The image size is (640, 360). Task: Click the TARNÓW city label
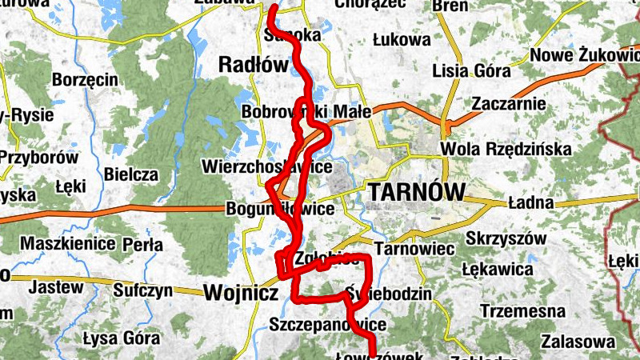click(x=417, y=193)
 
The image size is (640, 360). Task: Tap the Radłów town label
click(x=253, y=66)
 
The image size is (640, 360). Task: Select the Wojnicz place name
click(x=240, y=294)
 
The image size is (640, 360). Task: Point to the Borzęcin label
click(x=85, y=80)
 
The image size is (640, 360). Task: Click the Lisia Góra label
click(x=462, y=70)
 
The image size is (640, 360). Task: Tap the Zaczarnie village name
click(x=509, y=104)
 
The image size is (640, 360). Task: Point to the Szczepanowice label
click(x=328, y=325)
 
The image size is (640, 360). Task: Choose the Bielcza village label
click(x=130, y=174)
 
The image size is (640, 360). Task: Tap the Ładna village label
click(x=530, y=203)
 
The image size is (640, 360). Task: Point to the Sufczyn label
click(x=143, y=290)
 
